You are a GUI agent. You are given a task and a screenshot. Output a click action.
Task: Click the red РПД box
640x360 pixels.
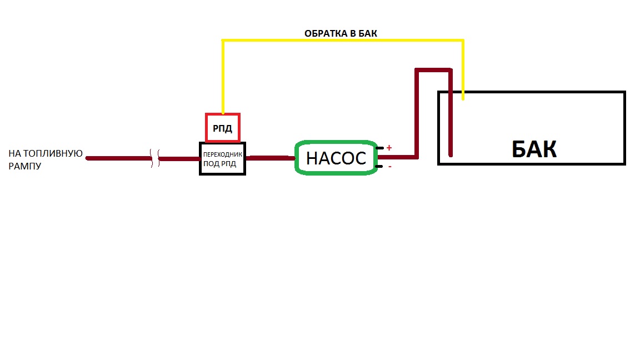[222, 128]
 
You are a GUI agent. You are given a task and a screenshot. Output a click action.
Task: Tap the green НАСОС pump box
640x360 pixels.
[336, 158]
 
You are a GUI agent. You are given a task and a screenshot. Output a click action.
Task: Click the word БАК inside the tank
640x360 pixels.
[533, 149]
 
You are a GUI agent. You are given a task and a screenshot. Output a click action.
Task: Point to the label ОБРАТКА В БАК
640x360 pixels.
[341, 33]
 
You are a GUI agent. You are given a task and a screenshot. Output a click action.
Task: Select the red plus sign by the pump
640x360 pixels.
[389, 148]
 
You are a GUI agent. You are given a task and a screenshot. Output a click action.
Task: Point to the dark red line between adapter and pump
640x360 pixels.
[270, 158]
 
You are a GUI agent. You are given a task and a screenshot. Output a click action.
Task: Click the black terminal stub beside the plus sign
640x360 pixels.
[380, 148]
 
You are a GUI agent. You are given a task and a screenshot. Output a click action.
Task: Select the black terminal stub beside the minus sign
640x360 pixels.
[380, 166]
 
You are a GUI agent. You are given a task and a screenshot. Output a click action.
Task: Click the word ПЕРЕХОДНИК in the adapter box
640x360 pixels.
[222, 154]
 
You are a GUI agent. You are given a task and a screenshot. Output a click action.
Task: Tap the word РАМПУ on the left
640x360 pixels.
[25, 166]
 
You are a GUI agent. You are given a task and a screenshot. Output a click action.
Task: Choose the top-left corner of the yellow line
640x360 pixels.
[223, 41]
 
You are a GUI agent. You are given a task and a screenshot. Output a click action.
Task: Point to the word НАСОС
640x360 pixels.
[336, 158]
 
